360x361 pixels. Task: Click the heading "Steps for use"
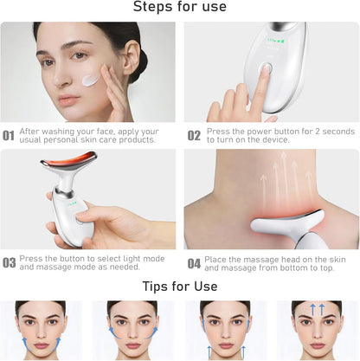tap(179, 8)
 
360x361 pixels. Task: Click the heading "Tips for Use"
tap(179, 285)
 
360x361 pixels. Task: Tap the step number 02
tap(194, 136)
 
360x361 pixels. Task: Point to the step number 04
tap(194, 262)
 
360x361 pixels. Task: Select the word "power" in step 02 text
tap(255, 132)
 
